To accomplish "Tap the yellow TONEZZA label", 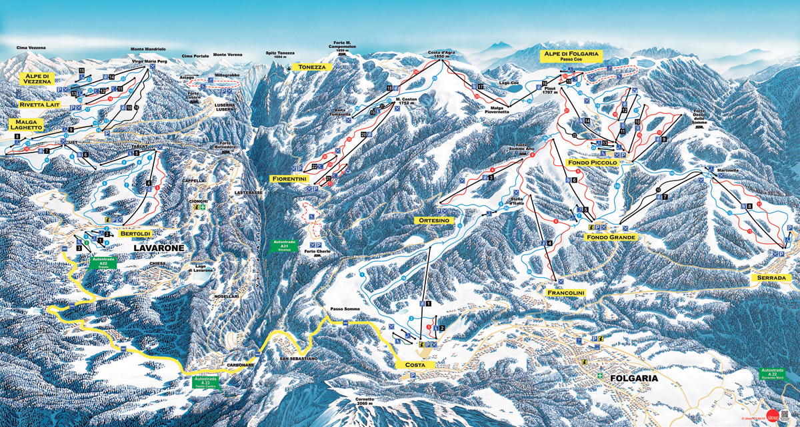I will [x=312, y=67].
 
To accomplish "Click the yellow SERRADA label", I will [x=773, y=277].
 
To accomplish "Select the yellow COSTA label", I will [x=415, y=365].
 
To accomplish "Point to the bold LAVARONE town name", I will [x=158, y=248].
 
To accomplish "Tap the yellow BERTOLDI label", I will [x=136, y=234].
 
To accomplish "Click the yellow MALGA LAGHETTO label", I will [x=28, y=125].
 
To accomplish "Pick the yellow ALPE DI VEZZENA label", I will [x=38, y=79].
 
